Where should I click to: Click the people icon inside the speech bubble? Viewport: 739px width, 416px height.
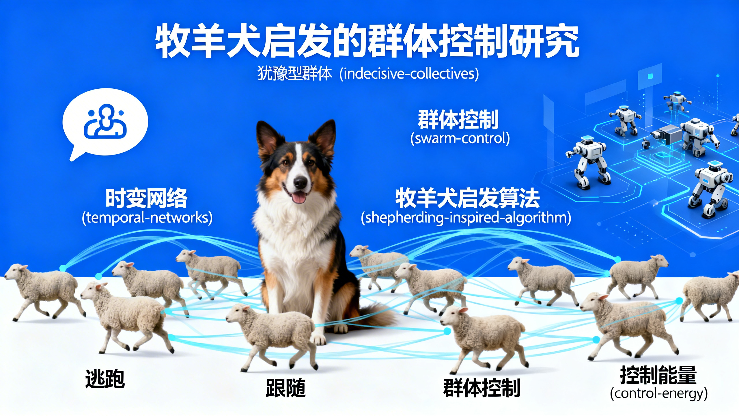105,121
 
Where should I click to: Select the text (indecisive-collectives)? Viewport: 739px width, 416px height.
409,74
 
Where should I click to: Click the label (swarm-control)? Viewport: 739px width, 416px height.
460,138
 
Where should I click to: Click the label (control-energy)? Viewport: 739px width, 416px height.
659,393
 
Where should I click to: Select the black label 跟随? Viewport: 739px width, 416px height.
285,388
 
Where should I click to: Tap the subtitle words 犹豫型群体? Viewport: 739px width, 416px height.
294,74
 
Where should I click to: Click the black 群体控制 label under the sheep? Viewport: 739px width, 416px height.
482,388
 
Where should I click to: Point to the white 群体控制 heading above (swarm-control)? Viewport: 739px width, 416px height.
458,120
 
